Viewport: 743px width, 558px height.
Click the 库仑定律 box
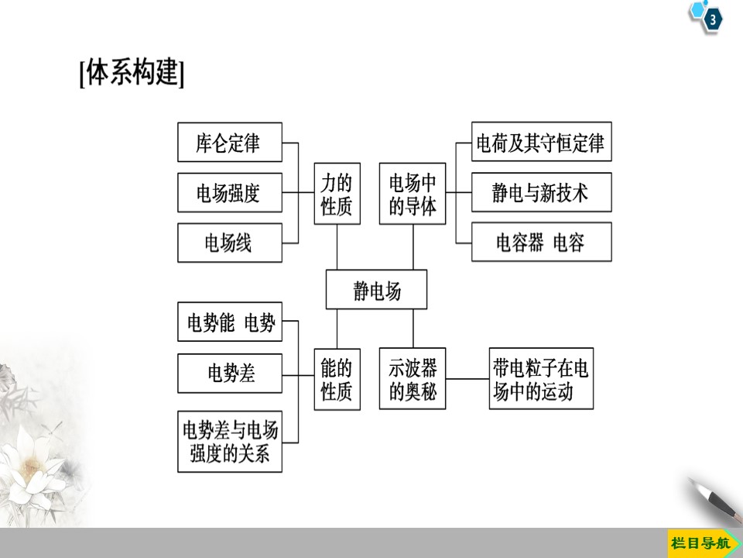229,143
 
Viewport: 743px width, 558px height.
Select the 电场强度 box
229,193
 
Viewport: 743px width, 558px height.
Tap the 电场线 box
229,243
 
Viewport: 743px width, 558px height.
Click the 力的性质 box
337,194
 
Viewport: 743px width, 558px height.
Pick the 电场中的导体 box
413,194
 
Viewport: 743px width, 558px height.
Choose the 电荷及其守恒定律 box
541,143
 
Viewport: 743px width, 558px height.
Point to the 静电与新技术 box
541,192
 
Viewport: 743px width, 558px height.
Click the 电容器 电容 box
541,243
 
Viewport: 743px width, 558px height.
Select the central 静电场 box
376,291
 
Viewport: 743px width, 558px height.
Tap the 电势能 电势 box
229,322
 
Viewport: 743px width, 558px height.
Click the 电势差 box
229,374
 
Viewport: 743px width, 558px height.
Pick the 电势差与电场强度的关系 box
229,441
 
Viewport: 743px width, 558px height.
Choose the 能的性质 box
337,379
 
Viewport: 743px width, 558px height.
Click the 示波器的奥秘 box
413,379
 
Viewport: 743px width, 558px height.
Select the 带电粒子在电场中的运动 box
541,379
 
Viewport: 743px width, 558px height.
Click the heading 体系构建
132,75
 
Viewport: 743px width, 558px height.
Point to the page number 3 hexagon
711,21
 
